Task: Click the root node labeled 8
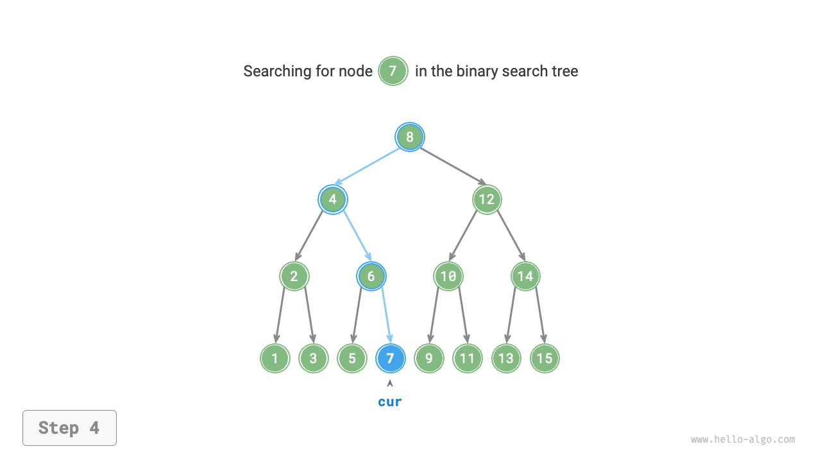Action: click(x=409, y=137)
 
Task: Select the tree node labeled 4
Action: click(x=332, y=200)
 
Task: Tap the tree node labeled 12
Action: click(x=487, y=200)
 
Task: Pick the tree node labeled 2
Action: click(x=294, y=277)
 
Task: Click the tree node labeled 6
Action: click(x=371, y=277)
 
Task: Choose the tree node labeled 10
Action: click(x=448, y=277)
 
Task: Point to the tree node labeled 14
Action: click(x=525, y=277)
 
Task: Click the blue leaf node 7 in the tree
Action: click(x=390, y=358)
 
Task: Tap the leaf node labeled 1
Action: click(x=275, y=358)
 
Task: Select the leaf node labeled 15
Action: click(x=545, y=358)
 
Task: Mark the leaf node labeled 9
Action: click(x=428, y=358)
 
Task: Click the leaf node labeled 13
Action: click(x=506, y=358)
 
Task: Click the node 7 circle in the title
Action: click(x=393, y=71)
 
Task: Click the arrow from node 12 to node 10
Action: click(x=464, y=236)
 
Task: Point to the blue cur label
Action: click(x=390, y=402)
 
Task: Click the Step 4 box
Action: click(x=69, y=428)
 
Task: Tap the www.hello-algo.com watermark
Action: click(x=743, y=440)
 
